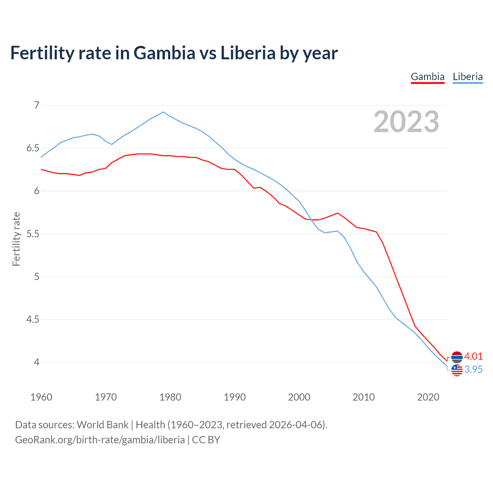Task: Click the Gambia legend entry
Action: pyautogui.click(x=428, y=77)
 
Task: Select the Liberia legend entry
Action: pyautogui.click(x=468, y=77)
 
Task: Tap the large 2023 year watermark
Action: pyautogui.click(x=406, y=122)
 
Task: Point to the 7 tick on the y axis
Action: pyautogui.click(x=37, y=105)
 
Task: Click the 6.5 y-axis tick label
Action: pyautogui.click(x=33, y=148)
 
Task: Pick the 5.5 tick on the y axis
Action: pyautogui.click(x=33, y=234)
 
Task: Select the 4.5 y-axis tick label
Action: pyautogui.click(x=33, y=319)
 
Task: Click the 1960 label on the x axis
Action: pyautogui.click(x=41, y=397)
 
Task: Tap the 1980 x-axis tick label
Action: pyautogui.click(x=170, y=397)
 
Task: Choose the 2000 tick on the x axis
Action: pyautogui.click(x=299, y=397)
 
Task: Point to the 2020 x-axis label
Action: pyautogui.click(x=428, y=397)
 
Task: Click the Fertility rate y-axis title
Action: pyautogui.click(x=16, y=239)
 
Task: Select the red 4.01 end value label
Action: pyautogui.click(x=473, y=356)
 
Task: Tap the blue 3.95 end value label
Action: pyautogui.click(x=473, y=369)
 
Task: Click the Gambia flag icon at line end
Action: pyautogui.click(x=457, y=357)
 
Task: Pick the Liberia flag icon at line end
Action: pyautogui.click(x=457, y=370)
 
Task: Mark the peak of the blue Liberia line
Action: pyautogui.click(x=163, y=112)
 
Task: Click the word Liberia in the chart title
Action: pyautogui.click(x=248, y=53)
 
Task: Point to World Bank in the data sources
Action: pyautogui.click(x=102, y=425)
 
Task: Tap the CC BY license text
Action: pyautogui.click(x=206, y=440)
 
